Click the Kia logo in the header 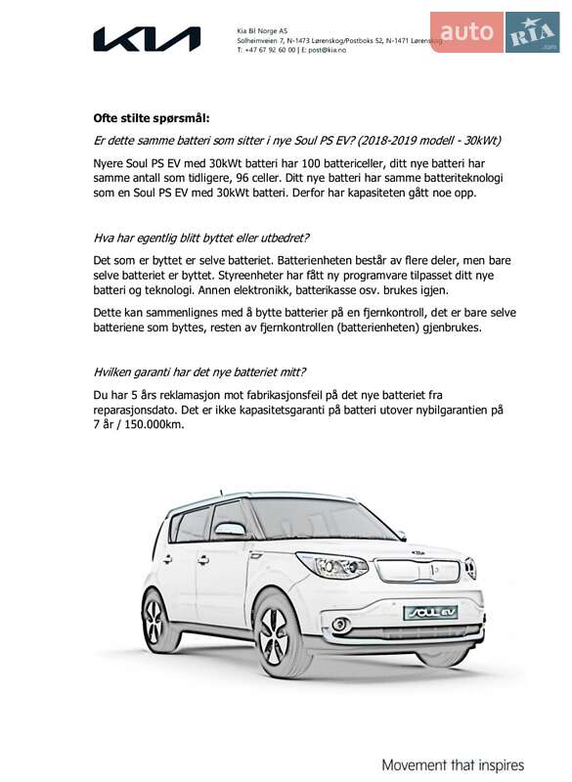[147, 39]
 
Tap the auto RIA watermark [494, 32]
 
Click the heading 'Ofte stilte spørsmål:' [152, 117]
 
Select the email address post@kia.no [317, 49]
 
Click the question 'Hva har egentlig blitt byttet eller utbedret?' [201, 238]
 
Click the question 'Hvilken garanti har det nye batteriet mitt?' [199, 371]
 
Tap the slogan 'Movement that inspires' [453, 764]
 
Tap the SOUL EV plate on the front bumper [429, 612]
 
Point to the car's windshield [318, 519]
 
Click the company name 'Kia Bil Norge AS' [262, 30]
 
